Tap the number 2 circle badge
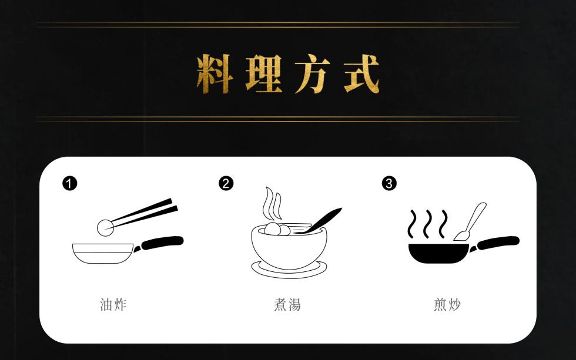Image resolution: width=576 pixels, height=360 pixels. click(x=226, y=183)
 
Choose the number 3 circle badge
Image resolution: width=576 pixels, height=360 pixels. click(x=389, y=183)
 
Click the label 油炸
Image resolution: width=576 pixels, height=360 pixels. click(x=113, y=305)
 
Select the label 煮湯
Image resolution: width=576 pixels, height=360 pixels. click(x=287, y=305)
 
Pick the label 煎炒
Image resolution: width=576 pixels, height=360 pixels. click(x=447, y=305)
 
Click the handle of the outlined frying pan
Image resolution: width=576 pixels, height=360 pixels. click(x=162, y=242)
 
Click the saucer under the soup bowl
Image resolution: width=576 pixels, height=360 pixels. click(x=288, y=270)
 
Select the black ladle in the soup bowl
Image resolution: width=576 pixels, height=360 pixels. click(x=320, y=220)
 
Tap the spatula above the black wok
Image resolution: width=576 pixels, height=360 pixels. click(x=471, y=222)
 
